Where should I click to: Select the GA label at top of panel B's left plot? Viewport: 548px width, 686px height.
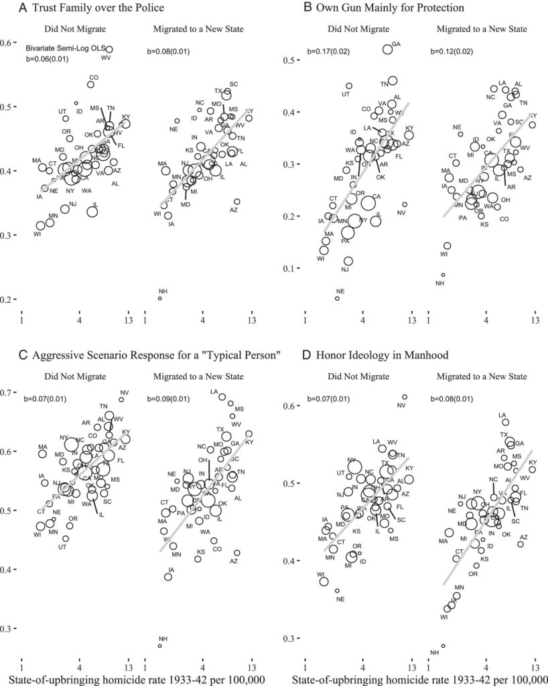point(396,44)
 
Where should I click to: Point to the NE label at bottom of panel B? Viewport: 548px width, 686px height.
point(340,291)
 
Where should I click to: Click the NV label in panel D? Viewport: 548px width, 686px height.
point(401,405)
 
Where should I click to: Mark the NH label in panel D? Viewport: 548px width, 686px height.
point(434,653)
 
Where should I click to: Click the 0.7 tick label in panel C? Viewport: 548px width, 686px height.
point(9,393)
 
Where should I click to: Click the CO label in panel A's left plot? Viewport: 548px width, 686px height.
point(94,77)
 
